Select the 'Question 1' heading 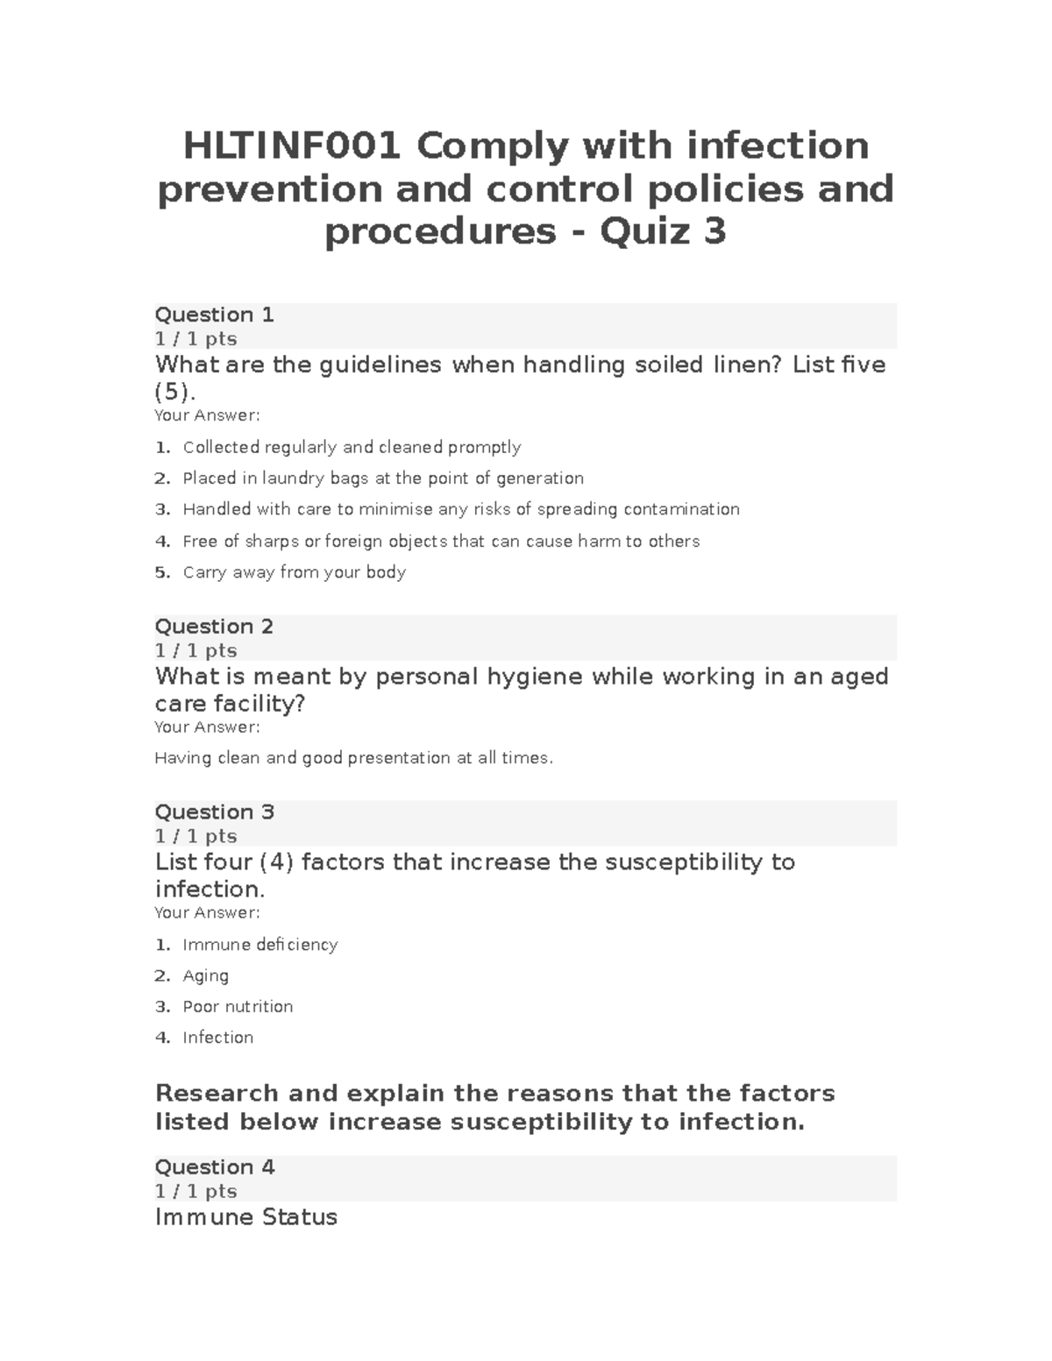[x=214, y=315]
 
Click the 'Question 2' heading [x=214, y=627]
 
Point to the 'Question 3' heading [x=214, y=812]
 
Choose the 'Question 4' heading [x=214, y=1167]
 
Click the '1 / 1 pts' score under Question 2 [x=195, y=650]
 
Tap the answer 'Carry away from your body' [x=294, y=572]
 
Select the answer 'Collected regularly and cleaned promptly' [x=352, y=448]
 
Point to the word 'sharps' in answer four [x=272, y=542]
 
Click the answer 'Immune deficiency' [x=259, y=945]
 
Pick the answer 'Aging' [x=205, y=975]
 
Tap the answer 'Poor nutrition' [x=238, y=1007]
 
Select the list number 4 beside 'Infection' [x=161, y=1038]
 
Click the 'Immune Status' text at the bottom [x=245, y=1217]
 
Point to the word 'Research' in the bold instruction [x=217, y=1094]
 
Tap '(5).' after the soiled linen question [x=175, y=391]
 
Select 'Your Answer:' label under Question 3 [x=207, y=913]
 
